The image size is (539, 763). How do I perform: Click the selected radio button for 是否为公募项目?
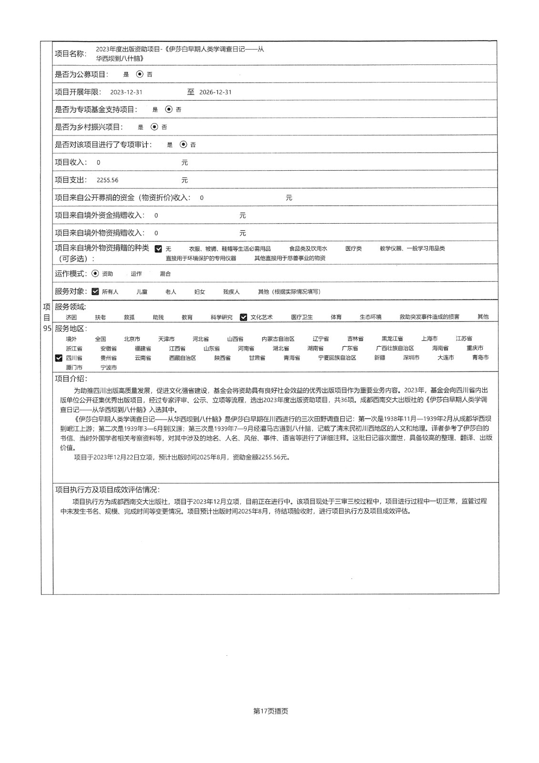coord(140,74)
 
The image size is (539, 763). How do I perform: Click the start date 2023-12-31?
coord(126,92)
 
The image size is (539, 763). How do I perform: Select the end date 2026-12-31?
coord(215,92)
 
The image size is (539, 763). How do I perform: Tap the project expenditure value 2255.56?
coord(107,180)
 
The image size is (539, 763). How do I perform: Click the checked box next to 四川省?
coord(59,358)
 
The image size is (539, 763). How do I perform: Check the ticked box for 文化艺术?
coord(244,317)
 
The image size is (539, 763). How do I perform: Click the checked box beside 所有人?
coord(95,291)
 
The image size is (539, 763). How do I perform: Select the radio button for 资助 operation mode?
coord(95,274)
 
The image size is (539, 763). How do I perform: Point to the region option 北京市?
coord(132,339)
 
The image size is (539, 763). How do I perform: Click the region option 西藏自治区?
coord(183,358)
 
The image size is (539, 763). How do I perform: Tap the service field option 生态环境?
coord(370,317)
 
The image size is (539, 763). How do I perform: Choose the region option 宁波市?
coord(109,368)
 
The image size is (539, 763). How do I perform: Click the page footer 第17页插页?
coord(271,711)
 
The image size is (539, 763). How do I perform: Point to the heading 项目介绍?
coord(71,379)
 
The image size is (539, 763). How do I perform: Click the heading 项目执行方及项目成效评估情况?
coord(107,489)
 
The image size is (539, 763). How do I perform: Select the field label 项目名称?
coord(71,53)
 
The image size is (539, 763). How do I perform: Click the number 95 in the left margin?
coord(47,329)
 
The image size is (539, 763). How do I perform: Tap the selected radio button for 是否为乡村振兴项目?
coord(154,127)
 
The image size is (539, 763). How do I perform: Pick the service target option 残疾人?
coord(231,291)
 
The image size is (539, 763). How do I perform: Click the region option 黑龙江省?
coord(392,339)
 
